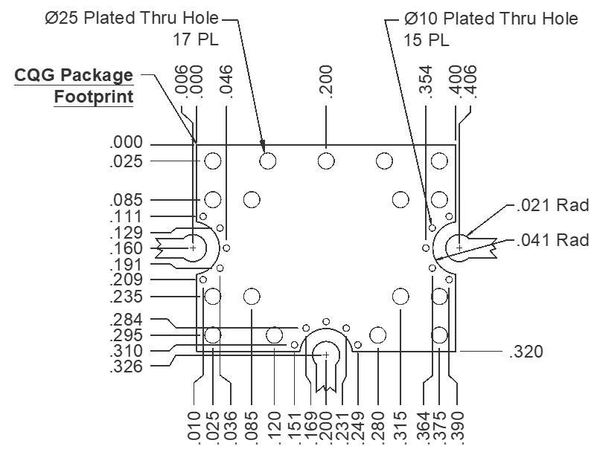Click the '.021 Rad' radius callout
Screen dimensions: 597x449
(553, 205)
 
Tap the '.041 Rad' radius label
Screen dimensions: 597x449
(553, 240)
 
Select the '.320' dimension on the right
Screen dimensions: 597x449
(526, 352)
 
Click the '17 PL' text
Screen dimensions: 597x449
(196, 39)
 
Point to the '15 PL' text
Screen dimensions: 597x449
(426, 40)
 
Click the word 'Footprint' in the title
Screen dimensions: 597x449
(94, 97)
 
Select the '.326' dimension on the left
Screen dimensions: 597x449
(126, 367)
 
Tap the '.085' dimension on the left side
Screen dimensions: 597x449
(126, 200)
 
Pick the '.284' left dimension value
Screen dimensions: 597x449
(126, 320)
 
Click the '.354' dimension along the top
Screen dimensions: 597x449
(426, 82)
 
